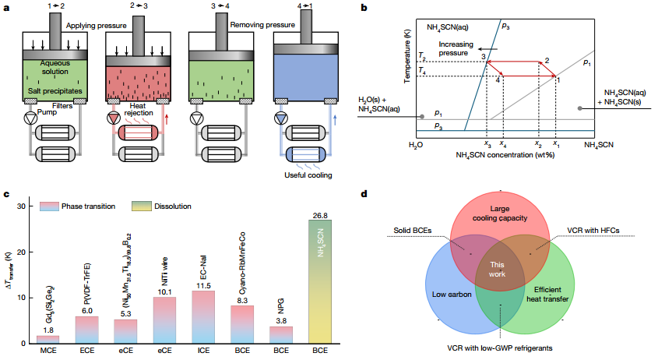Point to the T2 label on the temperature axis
421,58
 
